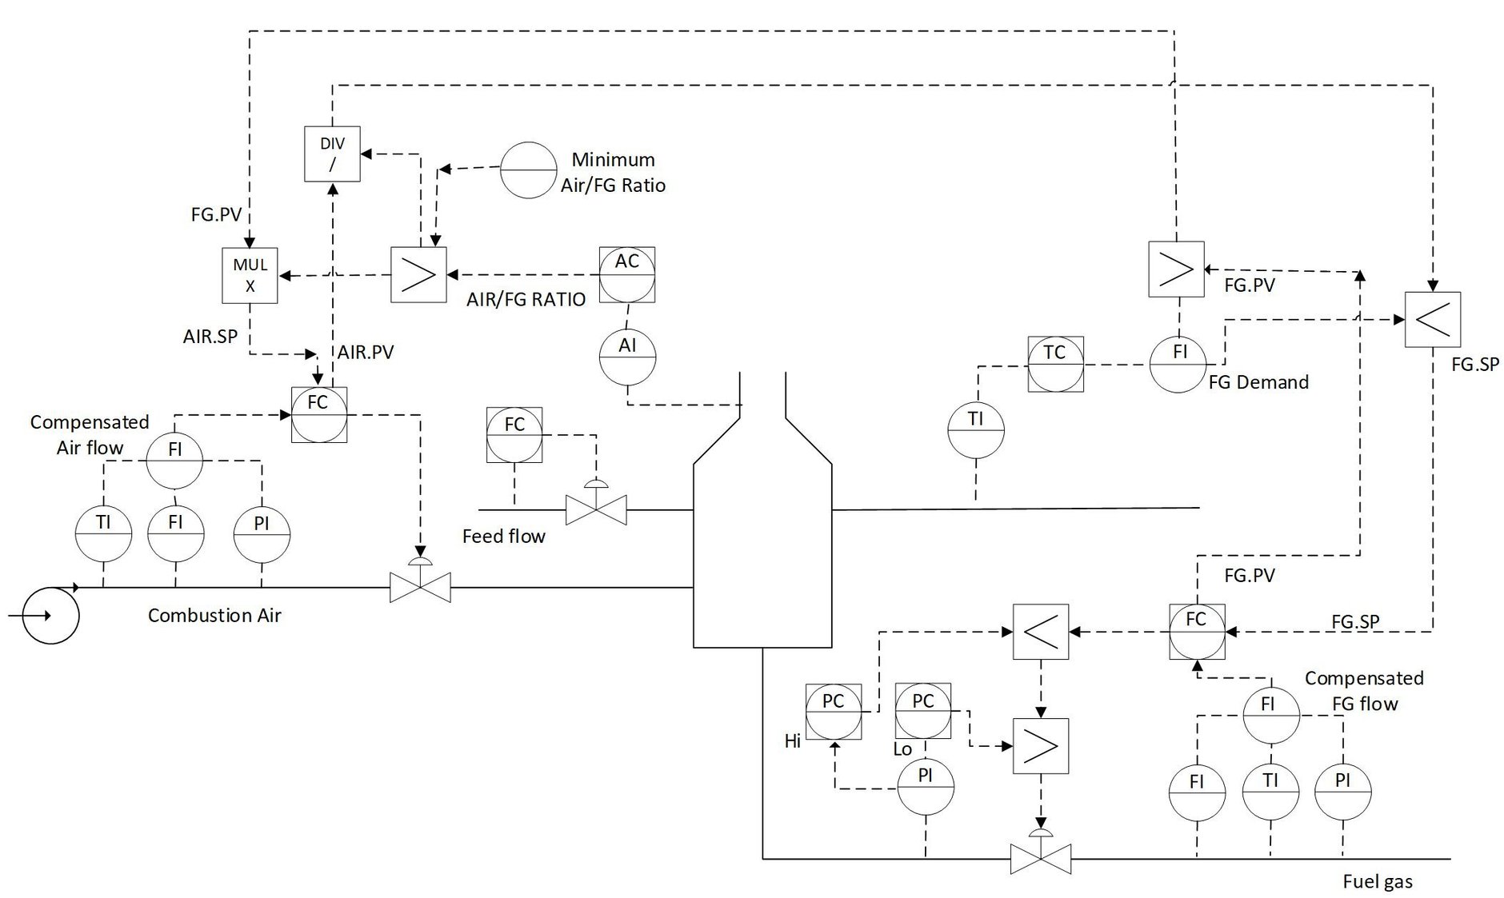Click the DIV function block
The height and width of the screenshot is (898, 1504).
(x=332, y=154)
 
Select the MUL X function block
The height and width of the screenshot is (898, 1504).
(x=250, y=275)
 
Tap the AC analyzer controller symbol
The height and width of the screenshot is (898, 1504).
(x=627, y=274)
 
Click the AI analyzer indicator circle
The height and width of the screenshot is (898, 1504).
(x=627, y=357)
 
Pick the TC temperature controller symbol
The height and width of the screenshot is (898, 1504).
(x=1055, y=364)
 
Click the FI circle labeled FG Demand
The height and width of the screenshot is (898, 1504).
(x=1178, y=364)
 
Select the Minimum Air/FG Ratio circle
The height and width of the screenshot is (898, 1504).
(x=528, y=170)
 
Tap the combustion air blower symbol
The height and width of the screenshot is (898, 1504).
(x=50, y=616)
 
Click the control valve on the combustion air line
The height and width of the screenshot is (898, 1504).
(x=420, y=587)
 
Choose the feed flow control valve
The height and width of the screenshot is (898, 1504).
(x=596, y=509)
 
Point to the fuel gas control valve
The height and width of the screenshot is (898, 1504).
(x=1041, y=859)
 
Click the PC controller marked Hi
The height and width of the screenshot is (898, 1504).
(x=834, y=712)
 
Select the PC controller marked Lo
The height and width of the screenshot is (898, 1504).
(x=923, y=712)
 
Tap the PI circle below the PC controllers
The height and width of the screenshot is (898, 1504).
(x=925, y=786)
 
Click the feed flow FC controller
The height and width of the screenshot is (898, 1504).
(x=514, y=435)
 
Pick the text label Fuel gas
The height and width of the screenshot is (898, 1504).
(x=1377, y=882)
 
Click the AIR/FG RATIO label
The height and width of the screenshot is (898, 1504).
(x=526, y=300)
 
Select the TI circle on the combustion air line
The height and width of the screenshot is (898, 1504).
(x=103, y=533)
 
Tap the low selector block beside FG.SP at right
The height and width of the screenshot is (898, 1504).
(x=1432, y=319)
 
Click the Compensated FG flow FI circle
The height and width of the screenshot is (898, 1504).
(x=1270, y=715)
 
